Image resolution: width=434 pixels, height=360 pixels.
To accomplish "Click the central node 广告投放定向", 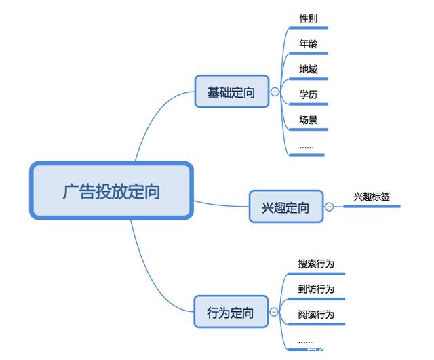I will pyautogui.click(x=111, y=191).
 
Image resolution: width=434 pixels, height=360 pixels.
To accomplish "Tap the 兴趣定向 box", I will pyautogui.click(x=285, y=207).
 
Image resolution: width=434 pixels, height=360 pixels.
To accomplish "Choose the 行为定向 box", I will pyautogui.click(x=231, y=313).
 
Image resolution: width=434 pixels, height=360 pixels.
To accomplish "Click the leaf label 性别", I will pyautogui.click(x=309, y=18).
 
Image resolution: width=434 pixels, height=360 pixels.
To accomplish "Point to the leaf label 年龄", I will pyautogui.click(x=309, y=44).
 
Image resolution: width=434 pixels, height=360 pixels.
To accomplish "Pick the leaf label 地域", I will pyautogui.click(x=309, y=69).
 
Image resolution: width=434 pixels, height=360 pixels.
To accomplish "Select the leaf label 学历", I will pyautogui.click(x=309, y=94).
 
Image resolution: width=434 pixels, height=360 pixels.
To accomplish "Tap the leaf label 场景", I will pyautogui.click(x=309, y=120).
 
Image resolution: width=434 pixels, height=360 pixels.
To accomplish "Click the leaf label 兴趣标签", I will pyautogui.click(x=371, y=196).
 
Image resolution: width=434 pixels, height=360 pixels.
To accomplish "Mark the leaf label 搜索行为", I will pyautogui.click(x=316, y=264).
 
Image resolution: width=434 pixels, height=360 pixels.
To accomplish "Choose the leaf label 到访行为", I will pyautogui.click(x=316, y=289).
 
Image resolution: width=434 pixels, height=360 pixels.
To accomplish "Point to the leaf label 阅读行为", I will pyautogui.click(x=316, y=315).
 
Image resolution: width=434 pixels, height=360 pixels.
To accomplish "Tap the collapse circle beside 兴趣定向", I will pyautogui.click(x=329, y=207).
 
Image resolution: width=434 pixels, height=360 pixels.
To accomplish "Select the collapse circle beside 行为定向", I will pyautogui.click(x=274, y=313).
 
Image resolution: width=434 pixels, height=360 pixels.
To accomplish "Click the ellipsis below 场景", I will pyautogui.click(x=307, y=146).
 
